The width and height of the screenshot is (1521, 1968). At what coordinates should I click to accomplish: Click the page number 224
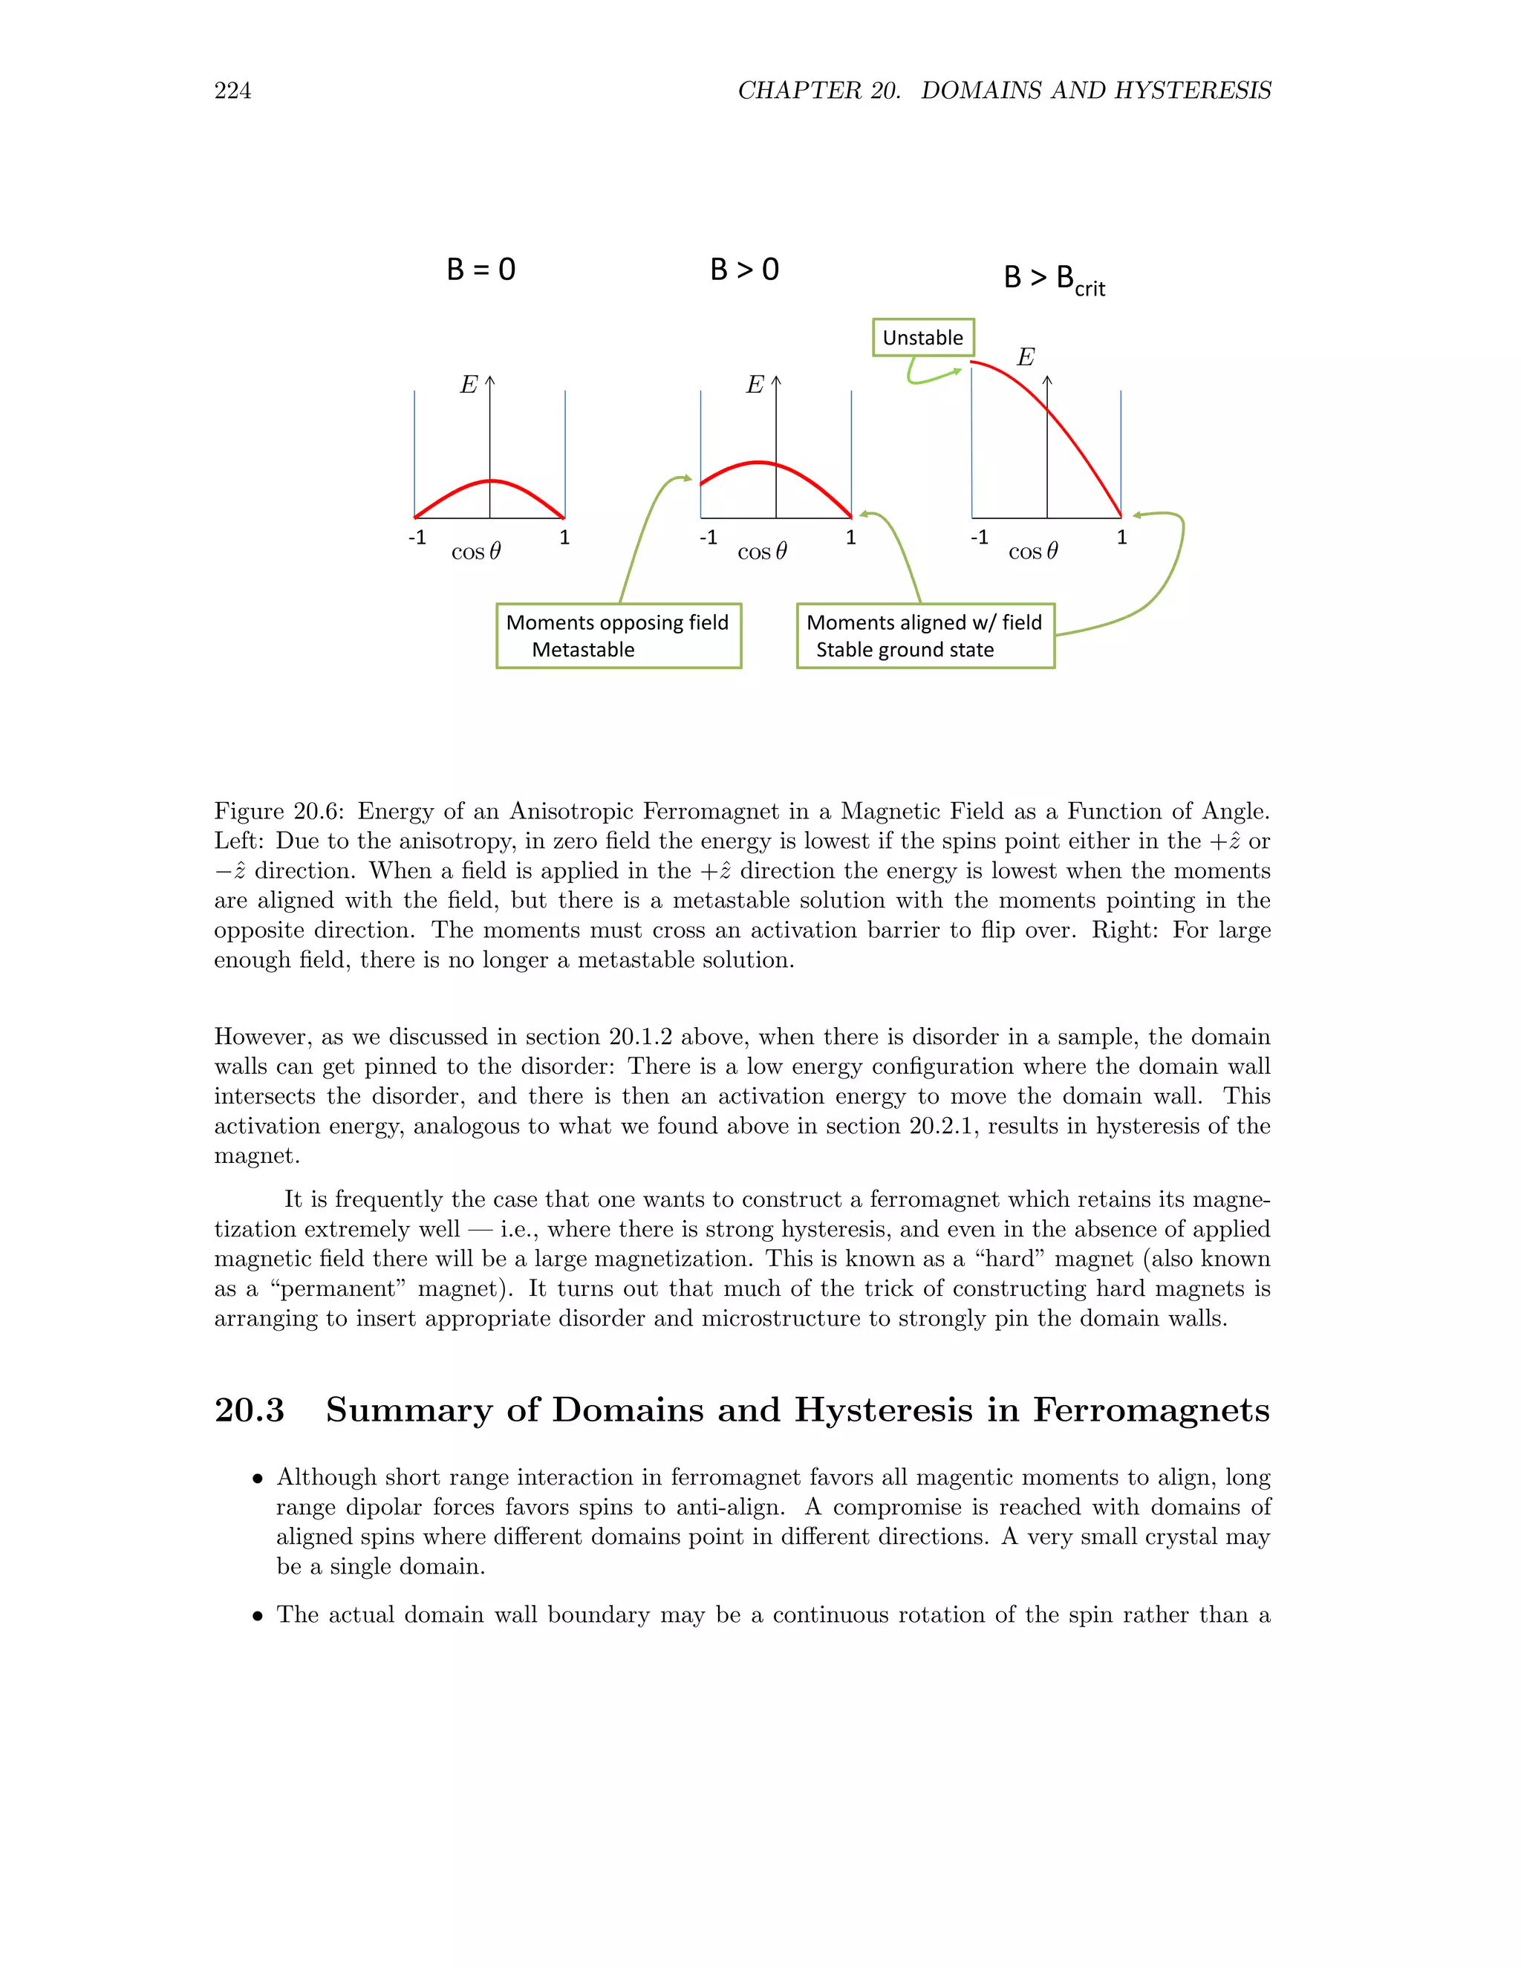[x=232, y=90]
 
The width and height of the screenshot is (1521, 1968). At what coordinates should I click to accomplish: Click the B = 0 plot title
[x=481, y=270]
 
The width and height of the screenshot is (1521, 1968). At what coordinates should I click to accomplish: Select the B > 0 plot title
[x=744, y=270]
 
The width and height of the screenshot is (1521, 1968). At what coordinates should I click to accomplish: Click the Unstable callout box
[x=922, y=338]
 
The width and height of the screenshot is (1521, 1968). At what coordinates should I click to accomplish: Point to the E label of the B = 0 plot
[x=469, y=385]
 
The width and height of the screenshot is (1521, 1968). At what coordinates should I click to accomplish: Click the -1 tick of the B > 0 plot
[x=709, y=538]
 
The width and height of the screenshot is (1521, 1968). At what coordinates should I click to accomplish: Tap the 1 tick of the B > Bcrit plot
[x=1122, y=538]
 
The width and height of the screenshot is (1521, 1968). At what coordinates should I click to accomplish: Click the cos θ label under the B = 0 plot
[x=476, y=552]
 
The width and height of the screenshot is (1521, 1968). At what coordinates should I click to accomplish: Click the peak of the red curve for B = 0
[x=490, y=481]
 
